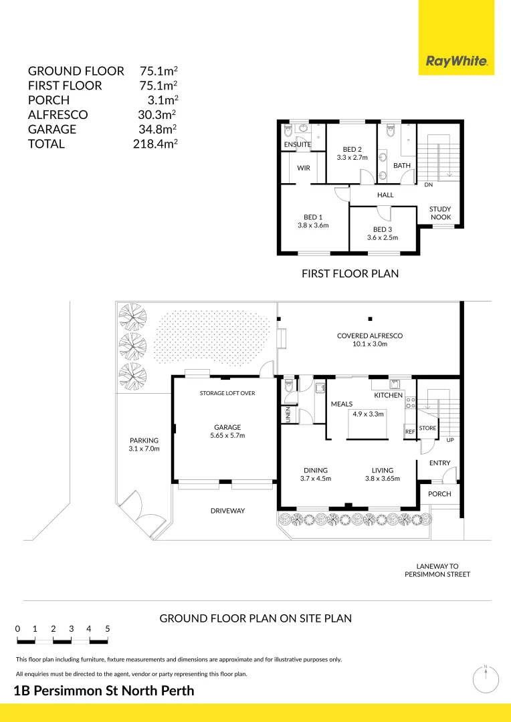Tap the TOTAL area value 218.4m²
(x=155, y=144)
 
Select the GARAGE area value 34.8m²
(x=157, y=129)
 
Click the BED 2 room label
(x=352, y=149)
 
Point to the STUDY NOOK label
(x=440, y=213)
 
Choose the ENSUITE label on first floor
(x=297, y=144)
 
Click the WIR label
(x=304, y=168)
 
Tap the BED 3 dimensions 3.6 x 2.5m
(x=383, y=237)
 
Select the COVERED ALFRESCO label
(x=370, y=336)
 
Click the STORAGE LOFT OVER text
(x=227, y=393)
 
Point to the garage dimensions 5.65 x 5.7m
(x=227, y=436)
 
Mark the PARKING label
(x=144, y=441)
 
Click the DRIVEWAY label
(x=227, y=511)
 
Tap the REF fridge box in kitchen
(x=410, y=432)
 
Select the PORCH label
(x=439, y=494)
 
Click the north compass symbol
(x=486, y=679)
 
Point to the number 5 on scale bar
(x=107, y=629)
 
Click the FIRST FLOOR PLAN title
(x=350, y=273)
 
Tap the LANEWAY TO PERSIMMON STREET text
(x=437, y=570)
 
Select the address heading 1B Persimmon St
(x=104, y=691)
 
